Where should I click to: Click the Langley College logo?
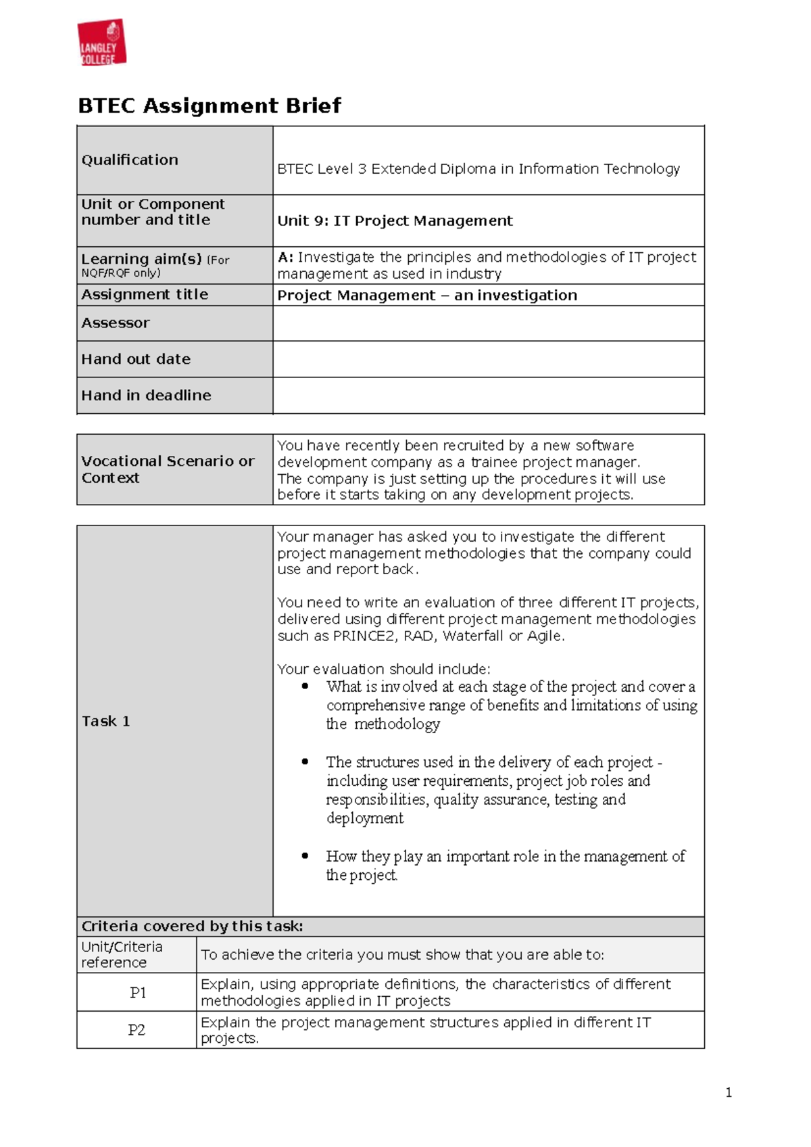(x=102, y=43)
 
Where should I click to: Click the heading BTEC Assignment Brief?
(x=210, y=106)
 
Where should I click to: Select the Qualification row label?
(x=130, y=160)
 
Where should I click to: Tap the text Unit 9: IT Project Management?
(x=395, y=221)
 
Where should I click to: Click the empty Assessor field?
(x=488, y=323)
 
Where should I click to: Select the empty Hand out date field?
(x=488, y=359)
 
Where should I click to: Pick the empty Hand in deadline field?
(x=488, y=396)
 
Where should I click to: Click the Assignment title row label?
(x=145, y=295)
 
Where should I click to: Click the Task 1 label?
(x=105, y=721)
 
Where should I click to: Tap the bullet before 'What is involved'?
(x=305, y=686)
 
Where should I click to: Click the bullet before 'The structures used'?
(x=305, y=762)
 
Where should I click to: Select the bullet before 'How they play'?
(x=305, y=856)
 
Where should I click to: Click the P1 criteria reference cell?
(x=137, y=993)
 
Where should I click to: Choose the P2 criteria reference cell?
(x=137, y=1030)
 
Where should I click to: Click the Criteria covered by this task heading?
(x=192, y=927)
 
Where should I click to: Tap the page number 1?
(x=729, y=1092)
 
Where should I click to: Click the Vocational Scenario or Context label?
(x=168, y=469)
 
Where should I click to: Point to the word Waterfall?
(x=473, y=636)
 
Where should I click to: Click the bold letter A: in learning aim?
(x=285, y=258)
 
